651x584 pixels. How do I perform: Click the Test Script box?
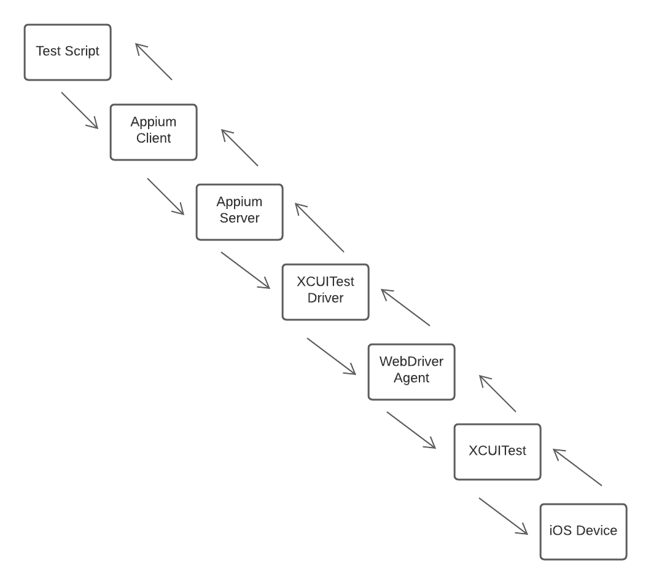pyautogui.click(x=68, y=52)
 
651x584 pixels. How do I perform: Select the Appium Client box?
pyautogui.click(x=154, y=132)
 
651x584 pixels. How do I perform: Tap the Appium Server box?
pyautogui.click(x=240, y=212)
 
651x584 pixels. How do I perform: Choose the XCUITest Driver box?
pyautogui.click(x=325, y=292)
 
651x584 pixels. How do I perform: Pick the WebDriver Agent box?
pyautogui.click(x=411, y=372)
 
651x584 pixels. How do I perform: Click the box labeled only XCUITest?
pyautogui.click(x=497, y=452)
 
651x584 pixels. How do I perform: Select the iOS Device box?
pyautogui.click(x=583, y=532)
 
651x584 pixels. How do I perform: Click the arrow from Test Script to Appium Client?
pyautogui.click(x=80, y=111)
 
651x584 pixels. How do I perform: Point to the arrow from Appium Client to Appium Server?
pyautogui.click(x=166, y=197)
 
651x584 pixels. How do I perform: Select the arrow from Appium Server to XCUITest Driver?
pyautogui.click(x=246, y=270)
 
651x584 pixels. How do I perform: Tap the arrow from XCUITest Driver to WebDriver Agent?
pyautogui.click(x=332, y=356)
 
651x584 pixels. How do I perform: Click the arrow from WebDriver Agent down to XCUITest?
pyautogui.click(x=411, y=430)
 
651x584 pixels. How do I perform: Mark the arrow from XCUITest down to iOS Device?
pyautogui.click(x=504, y=516)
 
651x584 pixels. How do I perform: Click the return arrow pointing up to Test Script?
pyautogui.click(x=154, y=61)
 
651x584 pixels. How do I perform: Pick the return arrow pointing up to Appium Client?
pyautogui.click(x=240, y=148)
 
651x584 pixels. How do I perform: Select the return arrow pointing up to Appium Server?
pyautogui.click(x=319, y=227)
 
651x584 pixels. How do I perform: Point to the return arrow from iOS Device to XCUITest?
pyautogui.click(x=577, y=467)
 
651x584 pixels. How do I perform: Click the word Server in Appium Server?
pyautogui.click(x=240, y=218)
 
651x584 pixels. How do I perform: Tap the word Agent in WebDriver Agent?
pyautogui.click(x=411, y=378)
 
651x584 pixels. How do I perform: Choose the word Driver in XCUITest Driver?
pyautogui.click(x=325, y=298)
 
